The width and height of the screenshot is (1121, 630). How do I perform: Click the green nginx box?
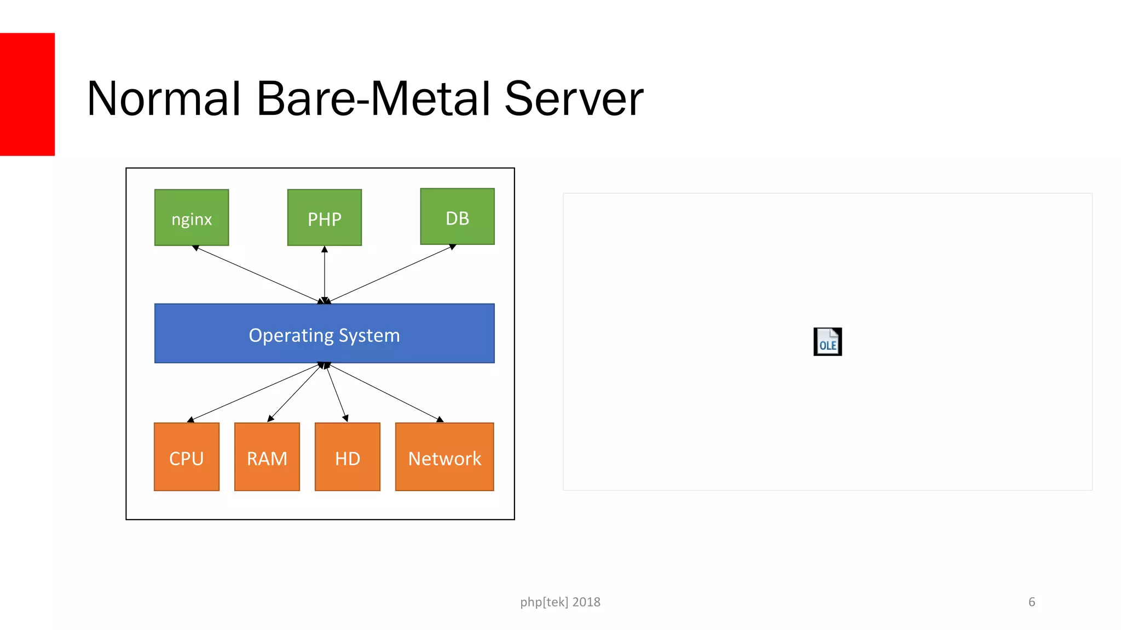click(x=192, y=218)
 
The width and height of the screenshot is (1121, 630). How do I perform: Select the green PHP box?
click(x=325, y=218)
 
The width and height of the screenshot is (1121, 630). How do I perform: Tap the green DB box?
click(x=457, y=217)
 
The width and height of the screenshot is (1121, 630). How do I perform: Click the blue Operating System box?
click(x=324, y=334)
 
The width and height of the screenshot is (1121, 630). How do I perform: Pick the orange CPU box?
click(x=187, y=457)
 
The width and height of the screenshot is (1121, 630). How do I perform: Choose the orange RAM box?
click(x=267, y=457)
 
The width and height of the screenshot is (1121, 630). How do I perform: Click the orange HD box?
click(x=348, y=457)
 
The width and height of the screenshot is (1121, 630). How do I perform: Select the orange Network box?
click(x=444, y=457)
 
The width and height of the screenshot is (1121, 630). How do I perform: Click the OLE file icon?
click(x=827, y=342)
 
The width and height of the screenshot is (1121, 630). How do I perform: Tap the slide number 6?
click(x=1031, y=602)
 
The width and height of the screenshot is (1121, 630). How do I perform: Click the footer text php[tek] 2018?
click(x=560, y=602)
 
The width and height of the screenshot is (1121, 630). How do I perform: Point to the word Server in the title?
click(x=573, y=99)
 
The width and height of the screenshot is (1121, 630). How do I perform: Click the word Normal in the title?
click(x=164, y=99)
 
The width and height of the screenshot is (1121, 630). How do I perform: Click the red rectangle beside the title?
click(x=27, y=94)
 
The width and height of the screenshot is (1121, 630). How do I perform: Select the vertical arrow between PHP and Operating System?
click(x=325, y=275)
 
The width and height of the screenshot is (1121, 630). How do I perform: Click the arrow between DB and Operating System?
click(x=391, y=274)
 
